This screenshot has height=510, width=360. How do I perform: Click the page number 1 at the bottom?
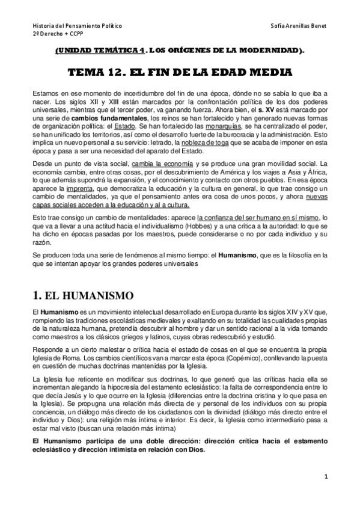[x=325, y=478]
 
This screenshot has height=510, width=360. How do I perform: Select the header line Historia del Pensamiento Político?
[x=76, y=26]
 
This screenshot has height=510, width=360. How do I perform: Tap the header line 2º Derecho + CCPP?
[x=53, y=35]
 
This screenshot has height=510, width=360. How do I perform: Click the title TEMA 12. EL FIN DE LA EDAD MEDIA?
[x=180, y=73]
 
